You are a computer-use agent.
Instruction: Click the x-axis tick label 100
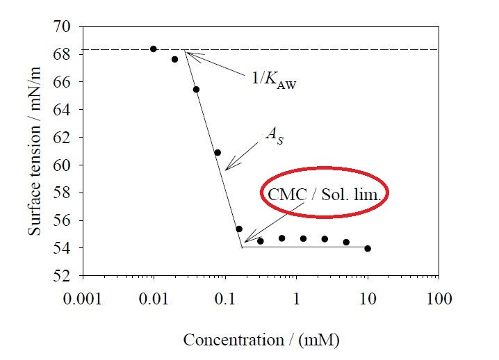tap(439, 300)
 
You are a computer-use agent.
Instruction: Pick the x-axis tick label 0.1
tap(225, 300)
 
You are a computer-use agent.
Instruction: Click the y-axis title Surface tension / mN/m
tap(35, 151)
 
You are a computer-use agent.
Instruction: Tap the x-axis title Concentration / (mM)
tap(261, 341)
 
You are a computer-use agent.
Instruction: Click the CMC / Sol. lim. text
tap(323, 195)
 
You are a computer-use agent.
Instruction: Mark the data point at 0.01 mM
tap(154, 49)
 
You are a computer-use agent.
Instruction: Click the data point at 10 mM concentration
tap(368, 248)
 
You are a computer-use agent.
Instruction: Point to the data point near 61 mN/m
tap(218, 152)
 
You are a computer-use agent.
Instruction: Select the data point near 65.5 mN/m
tap(196, 89)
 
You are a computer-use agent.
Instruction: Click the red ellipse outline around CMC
tap(261, 195)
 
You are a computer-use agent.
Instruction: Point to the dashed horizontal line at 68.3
tap(313, 49)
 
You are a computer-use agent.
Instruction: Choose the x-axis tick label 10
tap(368, 300)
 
